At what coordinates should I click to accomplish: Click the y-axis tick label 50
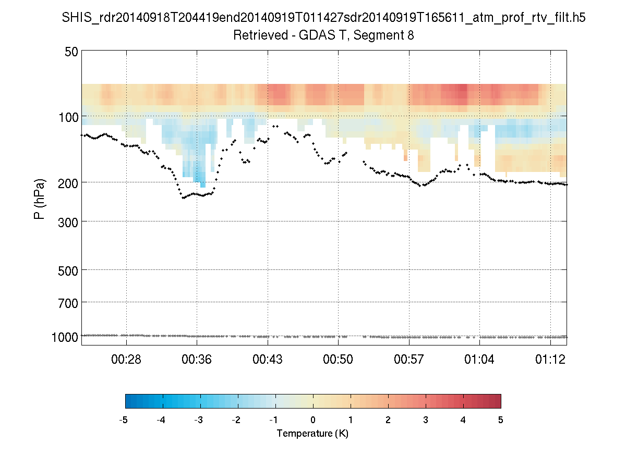(x=71, y=52)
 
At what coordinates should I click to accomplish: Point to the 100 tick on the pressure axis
(x=68, y=116)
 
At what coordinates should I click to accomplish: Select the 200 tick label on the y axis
(x=68, y=182)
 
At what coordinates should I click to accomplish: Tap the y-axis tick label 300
(x=68, y=221)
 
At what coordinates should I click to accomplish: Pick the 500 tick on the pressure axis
(x=68, y=270)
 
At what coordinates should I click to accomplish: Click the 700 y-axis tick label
(x=68, y=302)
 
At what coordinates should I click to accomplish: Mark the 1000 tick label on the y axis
(x=65, y=337)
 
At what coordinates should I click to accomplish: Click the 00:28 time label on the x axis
(x=127, y=360)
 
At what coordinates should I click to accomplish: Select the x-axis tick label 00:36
(x=197, y=360)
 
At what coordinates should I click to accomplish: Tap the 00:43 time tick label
(x=268, y=360)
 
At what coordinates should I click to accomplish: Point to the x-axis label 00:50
(x=339, y=360)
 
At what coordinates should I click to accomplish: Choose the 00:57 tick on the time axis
(x=410, y=360)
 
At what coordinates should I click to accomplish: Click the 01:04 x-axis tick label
(x=479, y=360)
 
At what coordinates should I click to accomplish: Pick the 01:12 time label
(x=550, y=360)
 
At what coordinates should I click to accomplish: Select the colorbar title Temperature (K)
(x=312, y=433)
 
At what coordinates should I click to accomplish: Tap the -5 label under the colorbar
(x=124, y=420)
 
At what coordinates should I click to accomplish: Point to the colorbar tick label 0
(x=313, y=420)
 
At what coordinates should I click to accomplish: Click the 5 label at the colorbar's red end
(x=501, y=420)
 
